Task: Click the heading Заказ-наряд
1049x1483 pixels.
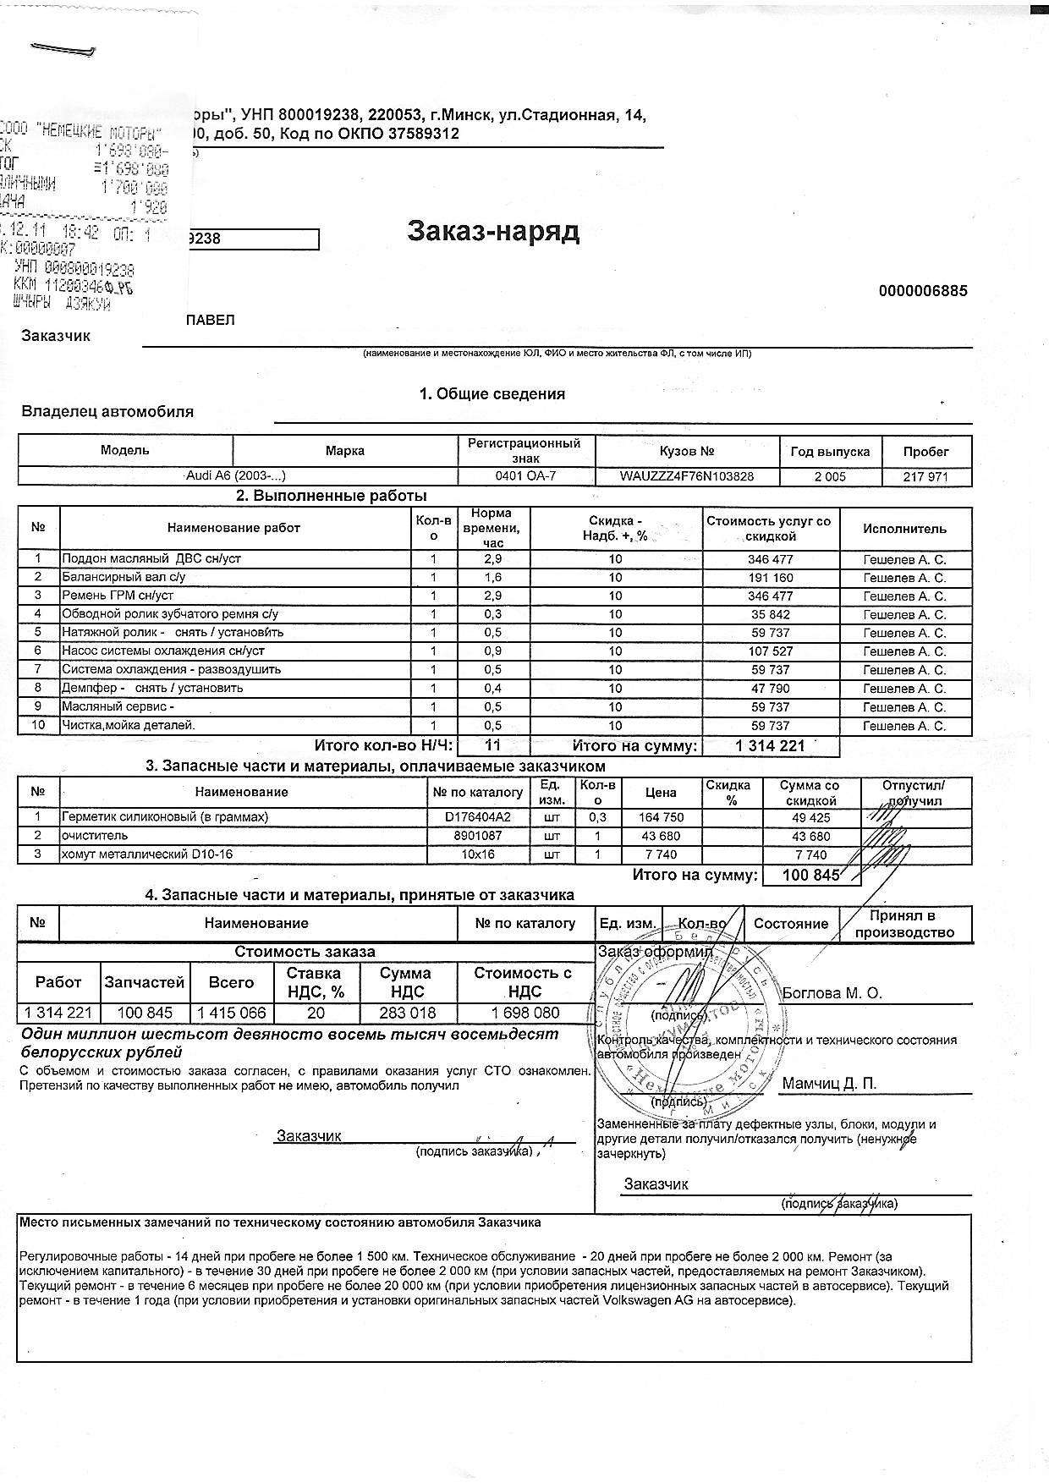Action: [x=493, y=231]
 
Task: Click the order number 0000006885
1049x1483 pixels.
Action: [x=923, y=291]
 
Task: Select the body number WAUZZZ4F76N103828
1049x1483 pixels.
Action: [x=687, y=476]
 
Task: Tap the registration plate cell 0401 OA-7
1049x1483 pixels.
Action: [x=525, y=476]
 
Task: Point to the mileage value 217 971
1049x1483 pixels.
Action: [x=925, y=477]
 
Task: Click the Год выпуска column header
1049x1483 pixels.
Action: [x=829, y=452]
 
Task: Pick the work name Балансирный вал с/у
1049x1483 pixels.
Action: [x=124, y=578]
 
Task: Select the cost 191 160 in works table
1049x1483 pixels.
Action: [x=770, y=578]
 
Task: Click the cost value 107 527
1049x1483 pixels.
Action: [x=770, y=651]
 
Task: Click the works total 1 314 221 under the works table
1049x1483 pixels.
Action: [x=770, y=745]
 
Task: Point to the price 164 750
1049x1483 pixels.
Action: [x=660, y=817]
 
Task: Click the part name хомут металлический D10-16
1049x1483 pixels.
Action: [x=146, y=854]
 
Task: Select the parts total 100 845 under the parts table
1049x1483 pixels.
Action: [x=810, y=875]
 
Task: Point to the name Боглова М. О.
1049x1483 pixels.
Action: [x=832, y=993]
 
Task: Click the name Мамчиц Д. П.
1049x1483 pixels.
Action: [x=829, y=1084]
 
